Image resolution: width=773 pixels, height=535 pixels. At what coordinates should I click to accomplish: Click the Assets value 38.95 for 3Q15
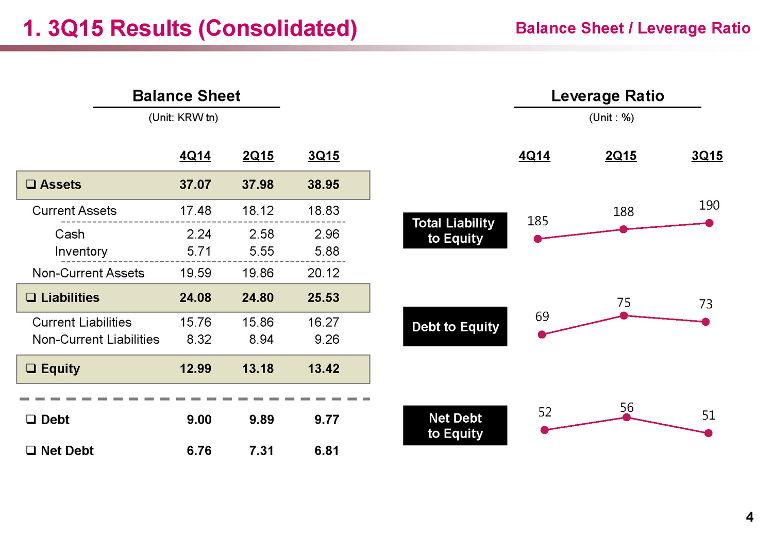point(323,185)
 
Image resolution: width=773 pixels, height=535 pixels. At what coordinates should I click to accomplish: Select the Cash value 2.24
point(199,234)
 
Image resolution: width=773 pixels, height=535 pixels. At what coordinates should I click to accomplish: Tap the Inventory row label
point(81,252)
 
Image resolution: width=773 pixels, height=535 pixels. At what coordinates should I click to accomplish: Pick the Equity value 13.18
point(258,369)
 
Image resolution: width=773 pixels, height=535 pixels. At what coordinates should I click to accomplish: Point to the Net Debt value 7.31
point(261,450)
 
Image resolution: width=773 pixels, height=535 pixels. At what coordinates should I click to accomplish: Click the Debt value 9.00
point(199,420)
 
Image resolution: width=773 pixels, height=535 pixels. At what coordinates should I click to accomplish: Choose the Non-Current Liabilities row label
point(96,340)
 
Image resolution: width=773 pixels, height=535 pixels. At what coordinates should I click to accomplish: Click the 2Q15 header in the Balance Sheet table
point(258,156)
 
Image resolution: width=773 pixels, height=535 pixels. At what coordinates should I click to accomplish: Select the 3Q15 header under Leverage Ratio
point(707,156)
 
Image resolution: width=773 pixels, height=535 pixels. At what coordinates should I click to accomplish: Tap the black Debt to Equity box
point(455,327)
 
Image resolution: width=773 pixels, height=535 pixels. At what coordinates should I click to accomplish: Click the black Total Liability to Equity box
point(455,230)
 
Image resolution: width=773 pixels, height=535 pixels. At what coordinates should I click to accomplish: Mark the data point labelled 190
point(709,223)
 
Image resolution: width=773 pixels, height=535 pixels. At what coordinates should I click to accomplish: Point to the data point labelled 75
point(624,315)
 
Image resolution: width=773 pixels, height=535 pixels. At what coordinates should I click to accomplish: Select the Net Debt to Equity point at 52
point(545,430)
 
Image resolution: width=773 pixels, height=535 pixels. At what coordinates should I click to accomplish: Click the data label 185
point(537,221)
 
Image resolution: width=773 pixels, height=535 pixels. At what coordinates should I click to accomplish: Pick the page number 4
point(749,517)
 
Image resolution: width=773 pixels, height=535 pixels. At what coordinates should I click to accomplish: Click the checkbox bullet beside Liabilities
point(31,297)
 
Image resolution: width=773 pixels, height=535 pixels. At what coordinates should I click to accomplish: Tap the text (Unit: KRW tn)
point(183,118)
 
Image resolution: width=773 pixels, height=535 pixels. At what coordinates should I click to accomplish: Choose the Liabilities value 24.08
point(195,297)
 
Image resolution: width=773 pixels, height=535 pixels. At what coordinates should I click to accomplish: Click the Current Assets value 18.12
point(258,211)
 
